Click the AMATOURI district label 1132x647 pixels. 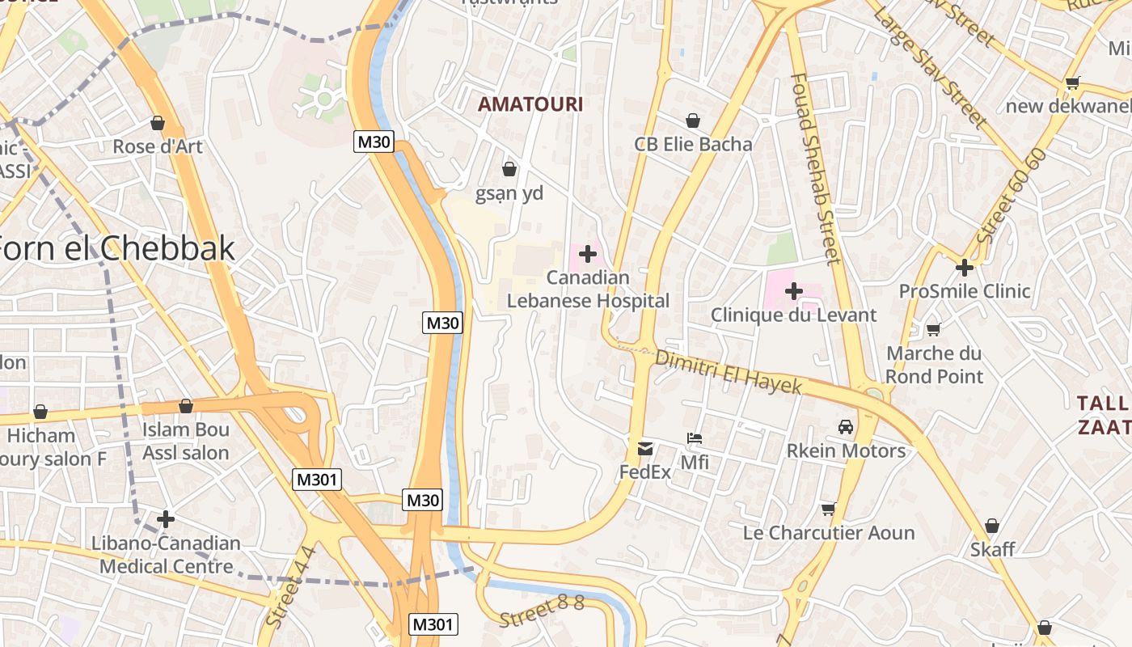point(530,104)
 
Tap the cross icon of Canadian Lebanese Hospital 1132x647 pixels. point(588,254)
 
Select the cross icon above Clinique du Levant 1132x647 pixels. point(793,290)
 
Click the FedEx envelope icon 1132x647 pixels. point(645,448)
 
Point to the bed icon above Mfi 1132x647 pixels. point(695,438)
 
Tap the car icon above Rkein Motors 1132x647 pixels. point(846,426)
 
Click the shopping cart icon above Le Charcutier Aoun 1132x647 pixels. point(828,509)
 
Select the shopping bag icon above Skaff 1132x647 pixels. point(992,526)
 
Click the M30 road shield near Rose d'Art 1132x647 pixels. point(374,142)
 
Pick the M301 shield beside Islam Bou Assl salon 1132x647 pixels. point(317,480)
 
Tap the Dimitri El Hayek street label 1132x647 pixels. point(728,371)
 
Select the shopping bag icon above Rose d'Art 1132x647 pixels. point(158,123)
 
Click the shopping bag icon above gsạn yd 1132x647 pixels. point(509,169)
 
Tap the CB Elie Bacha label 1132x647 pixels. point(693,145)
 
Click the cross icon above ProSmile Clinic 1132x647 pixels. point(964,267)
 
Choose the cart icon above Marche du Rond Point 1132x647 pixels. point(933,329)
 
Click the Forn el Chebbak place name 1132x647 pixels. point(117,248)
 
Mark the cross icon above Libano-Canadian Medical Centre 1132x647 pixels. point(166,518)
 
